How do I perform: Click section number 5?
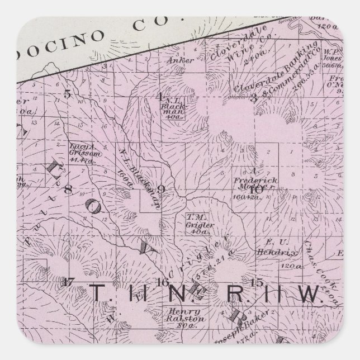coord(67,94)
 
